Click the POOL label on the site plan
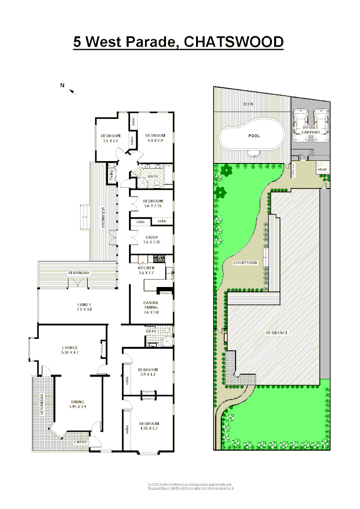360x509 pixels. coord(254,136)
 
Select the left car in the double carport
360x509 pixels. coord(301,125)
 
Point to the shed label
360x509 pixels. coord(322,169)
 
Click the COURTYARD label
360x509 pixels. coord(245,263)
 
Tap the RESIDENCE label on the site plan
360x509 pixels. coord(277,333)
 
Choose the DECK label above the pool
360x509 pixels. coord(248,104)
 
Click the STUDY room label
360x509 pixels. coord(152,238)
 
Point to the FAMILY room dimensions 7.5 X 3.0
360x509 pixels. coord(85,310)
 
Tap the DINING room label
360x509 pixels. coord(78,402)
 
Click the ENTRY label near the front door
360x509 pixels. coord(80,442)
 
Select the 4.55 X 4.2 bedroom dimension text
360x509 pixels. coord(149,429)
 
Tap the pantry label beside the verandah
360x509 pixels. coord(112,174)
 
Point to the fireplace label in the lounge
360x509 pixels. coord(102,349)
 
